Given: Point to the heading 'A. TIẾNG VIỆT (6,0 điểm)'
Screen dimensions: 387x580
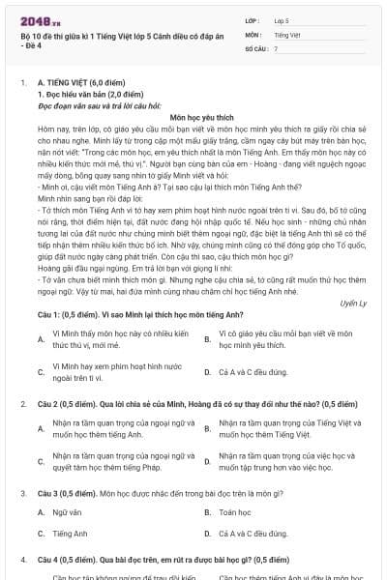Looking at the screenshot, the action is (x=84, y=84).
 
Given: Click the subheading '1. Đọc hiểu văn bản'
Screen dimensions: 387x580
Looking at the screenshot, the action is (x=74, y=94).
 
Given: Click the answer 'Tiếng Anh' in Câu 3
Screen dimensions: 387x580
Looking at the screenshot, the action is (x=71, y=533).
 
